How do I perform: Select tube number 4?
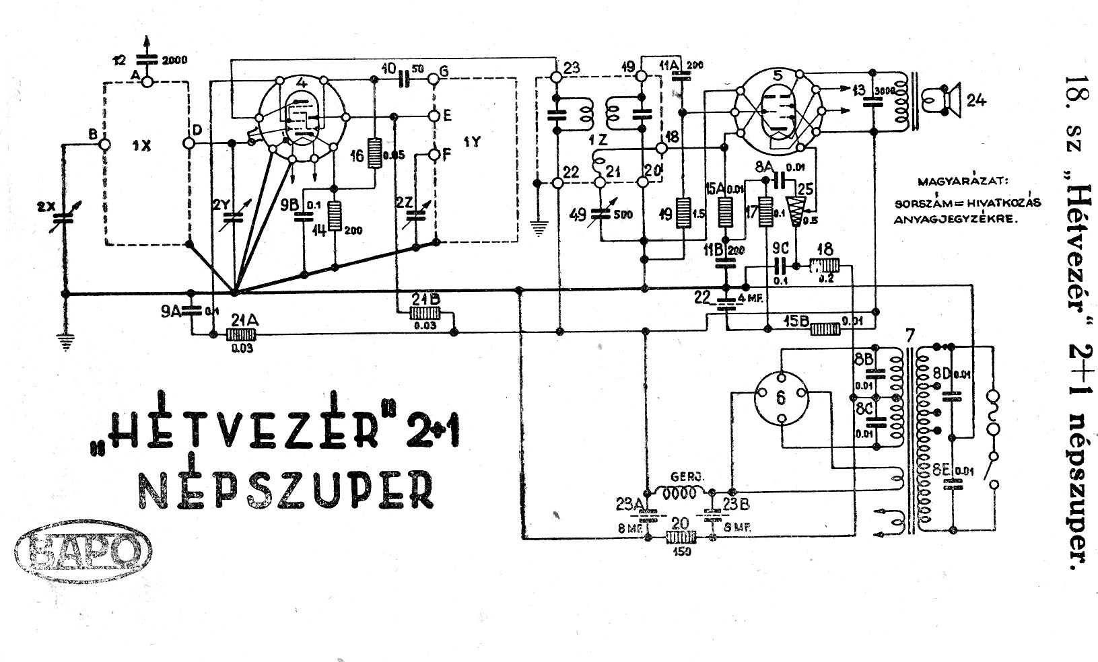point(302,117)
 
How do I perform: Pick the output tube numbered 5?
point(778,110)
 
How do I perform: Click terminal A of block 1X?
point(147,79)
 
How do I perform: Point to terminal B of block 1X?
point(104,143)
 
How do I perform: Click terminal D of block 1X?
point(188,143)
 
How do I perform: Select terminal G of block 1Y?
point(434,79)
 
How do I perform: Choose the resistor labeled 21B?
point(425,314)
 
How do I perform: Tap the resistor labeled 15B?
point(825,329)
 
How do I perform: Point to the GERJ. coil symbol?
point(679,494)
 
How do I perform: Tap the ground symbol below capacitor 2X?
point(65,343)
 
